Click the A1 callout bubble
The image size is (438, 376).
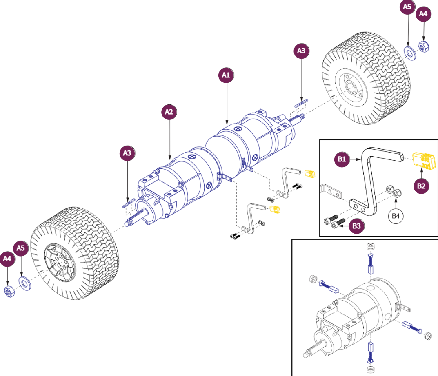click(x=226, y=75)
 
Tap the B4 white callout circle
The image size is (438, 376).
click(x=395, y=216)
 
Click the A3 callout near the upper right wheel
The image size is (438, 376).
click(x=301, y=51)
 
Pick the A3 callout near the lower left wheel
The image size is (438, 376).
click(x=128, y=153)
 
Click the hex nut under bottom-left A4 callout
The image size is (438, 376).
click(x=8, y=291)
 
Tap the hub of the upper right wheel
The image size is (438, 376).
click(x=351, y=87)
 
